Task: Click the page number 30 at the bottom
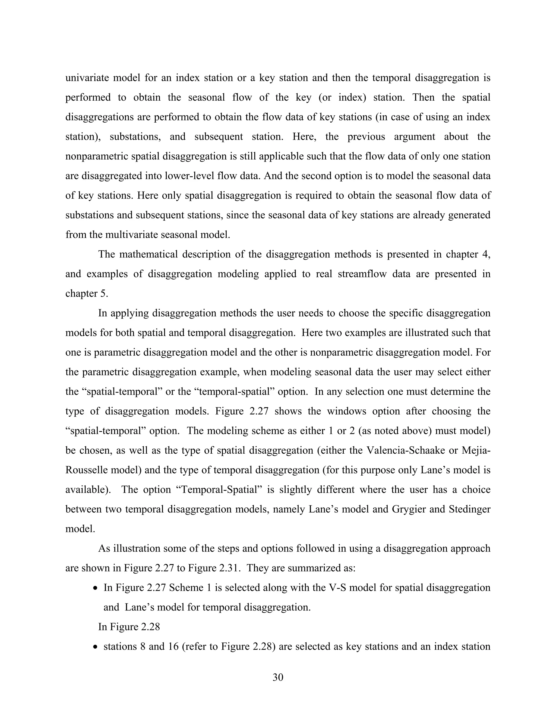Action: (278, 677)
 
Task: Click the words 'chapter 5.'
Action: (87, 293)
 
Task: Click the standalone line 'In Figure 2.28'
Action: (129, 627)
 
